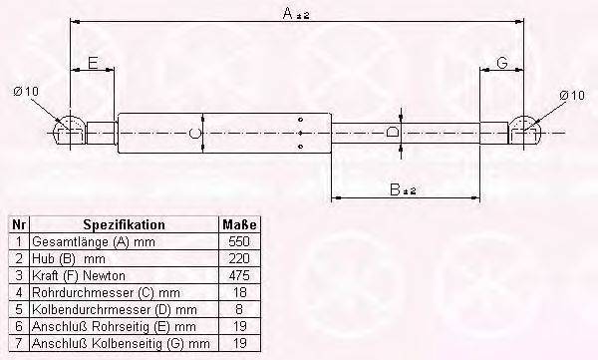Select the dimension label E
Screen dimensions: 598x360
tap(93, 63)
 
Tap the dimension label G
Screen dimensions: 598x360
tap(502, 62)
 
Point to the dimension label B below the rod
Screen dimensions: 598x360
tap(395, 189)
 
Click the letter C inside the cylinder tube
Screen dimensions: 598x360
tap(195, 134)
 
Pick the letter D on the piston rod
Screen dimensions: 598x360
tap(392, 132)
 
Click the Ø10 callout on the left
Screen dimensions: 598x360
tap(26, 92)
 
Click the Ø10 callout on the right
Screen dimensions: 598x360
tap(572, 95)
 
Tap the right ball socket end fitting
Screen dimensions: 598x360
tap(525, 131)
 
